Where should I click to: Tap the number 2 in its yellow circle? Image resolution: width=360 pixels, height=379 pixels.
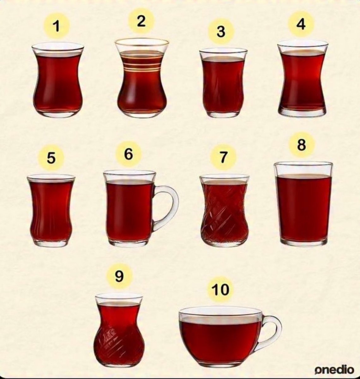point(141,21)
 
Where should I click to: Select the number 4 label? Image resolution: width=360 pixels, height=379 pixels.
point(301,24)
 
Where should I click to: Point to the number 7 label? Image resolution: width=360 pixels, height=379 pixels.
point(223,157)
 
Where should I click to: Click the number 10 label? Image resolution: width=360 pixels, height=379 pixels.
point(220,289)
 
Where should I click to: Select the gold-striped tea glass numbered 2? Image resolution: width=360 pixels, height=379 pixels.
point(142,78)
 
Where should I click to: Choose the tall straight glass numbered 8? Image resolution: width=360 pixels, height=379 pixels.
point(303,204)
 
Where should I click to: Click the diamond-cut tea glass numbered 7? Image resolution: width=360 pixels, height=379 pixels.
point(224,211)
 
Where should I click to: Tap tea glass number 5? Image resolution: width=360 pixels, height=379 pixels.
point(51,211)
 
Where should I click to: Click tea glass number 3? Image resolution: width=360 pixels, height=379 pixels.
point(223,83)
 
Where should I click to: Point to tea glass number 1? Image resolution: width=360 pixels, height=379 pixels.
point(58,80)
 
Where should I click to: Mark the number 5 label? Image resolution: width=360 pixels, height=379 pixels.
point(51,158)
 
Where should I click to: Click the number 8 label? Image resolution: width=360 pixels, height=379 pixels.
point(302,145)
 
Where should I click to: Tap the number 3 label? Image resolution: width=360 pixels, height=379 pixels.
point(221,31)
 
